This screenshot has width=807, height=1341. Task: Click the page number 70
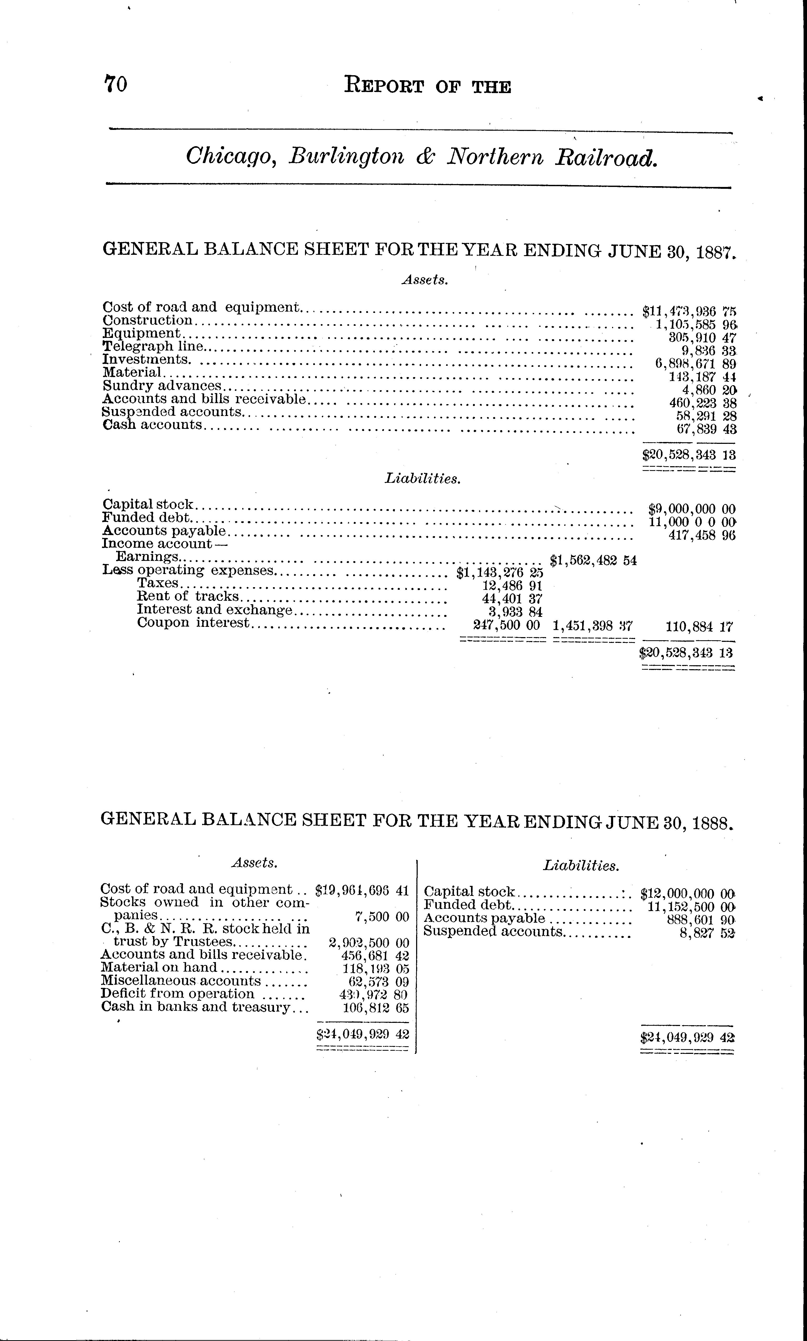115,84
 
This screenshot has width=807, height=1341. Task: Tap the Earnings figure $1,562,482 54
593,560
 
